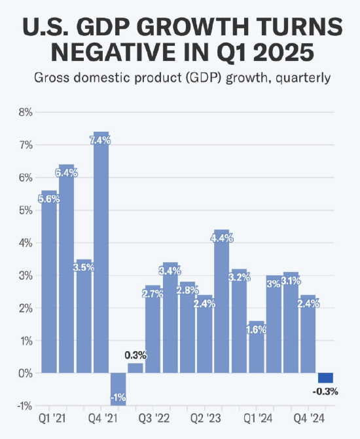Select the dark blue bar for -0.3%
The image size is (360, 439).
325,378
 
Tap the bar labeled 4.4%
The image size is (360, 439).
222,308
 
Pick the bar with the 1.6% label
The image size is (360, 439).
257,351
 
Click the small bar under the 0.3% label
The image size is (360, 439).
135,368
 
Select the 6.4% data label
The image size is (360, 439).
67,173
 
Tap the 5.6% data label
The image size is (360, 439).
49,199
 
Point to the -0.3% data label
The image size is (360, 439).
325,392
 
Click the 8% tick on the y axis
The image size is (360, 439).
24,112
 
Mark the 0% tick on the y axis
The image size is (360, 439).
24,373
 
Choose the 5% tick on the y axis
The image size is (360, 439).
24,210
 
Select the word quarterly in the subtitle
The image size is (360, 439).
297,78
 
